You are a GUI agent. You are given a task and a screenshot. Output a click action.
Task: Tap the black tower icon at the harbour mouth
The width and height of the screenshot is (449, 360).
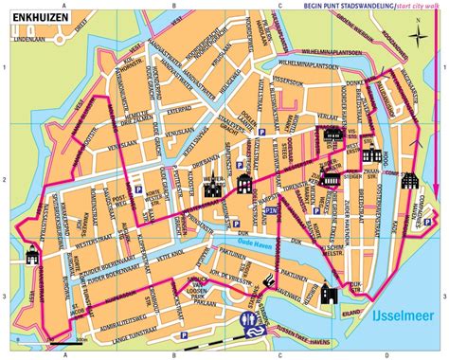click(x=329, y=293)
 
